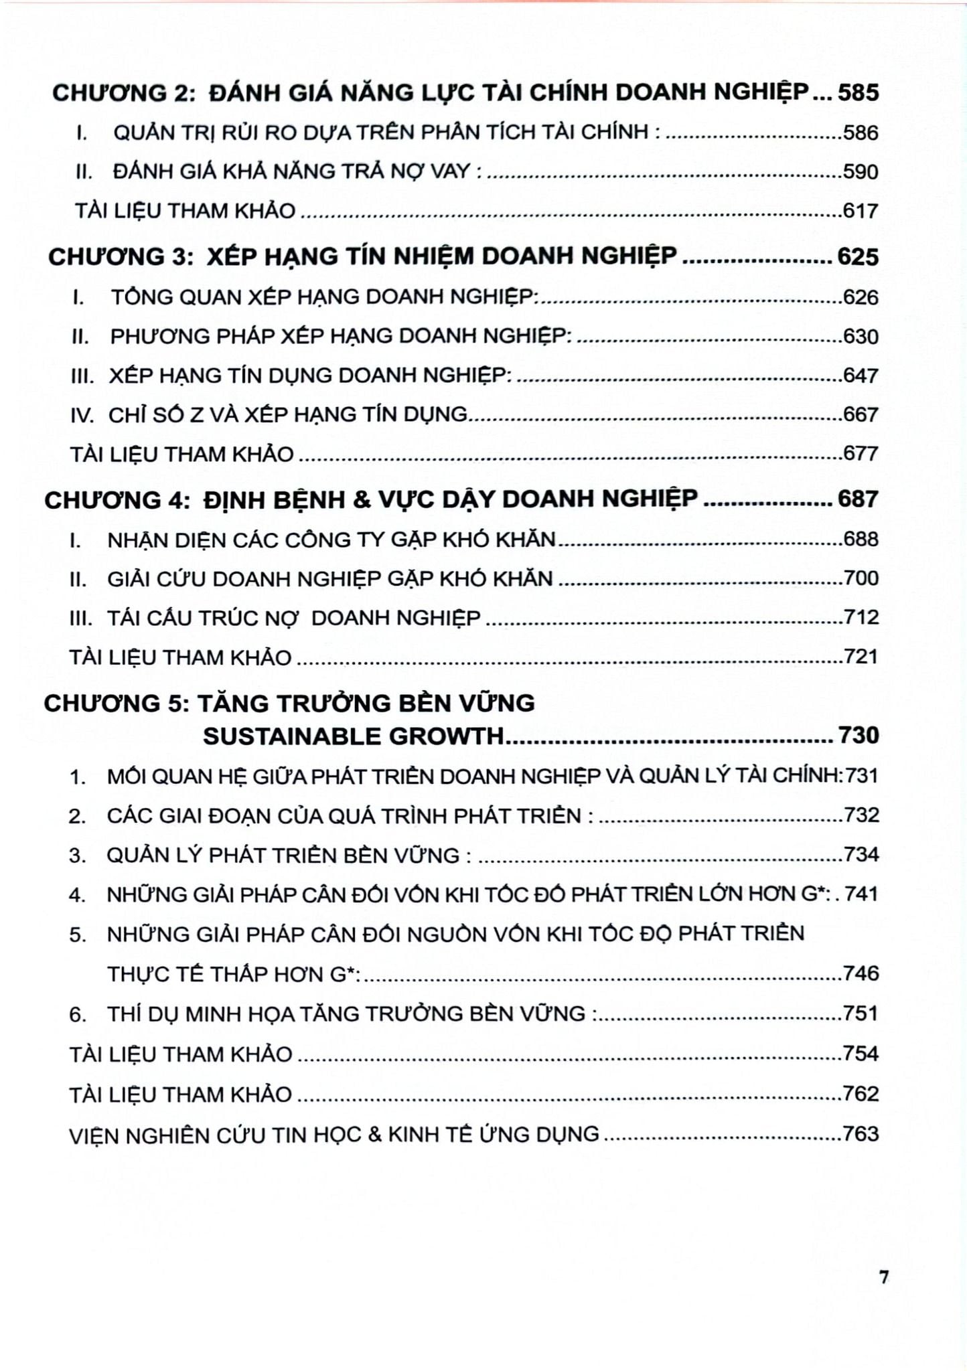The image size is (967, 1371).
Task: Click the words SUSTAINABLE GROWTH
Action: tap(353, 736)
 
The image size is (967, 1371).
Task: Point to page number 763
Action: tap(861, 1134)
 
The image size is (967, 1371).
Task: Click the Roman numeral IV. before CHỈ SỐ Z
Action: tap(82, 416)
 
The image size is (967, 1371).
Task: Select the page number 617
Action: tap(861, 212)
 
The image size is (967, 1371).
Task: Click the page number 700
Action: tap(861, 578)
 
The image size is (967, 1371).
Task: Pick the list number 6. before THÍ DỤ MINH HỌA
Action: tap(78, 1015)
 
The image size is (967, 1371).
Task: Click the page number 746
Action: tap(861, 973)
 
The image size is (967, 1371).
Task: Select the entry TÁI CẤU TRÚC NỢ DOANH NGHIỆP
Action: tap(293, 618)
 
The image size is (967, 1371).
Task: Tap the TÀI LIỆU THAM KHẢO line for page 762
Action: tap(181, 1095)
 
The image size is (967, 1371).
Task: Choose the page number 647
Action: tap(861, 376)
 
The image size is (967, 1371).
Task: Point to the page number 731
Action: tap(862, 776)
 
